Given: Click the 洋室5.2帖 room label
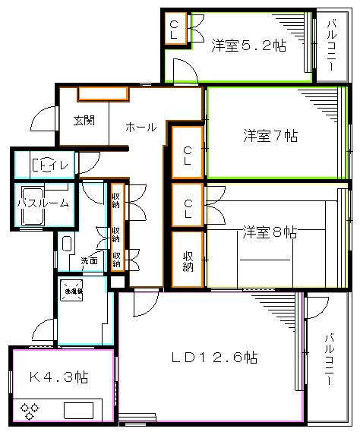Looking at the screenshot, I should point(248,45).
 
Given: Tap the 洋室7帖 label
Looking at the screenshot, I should point(270,137).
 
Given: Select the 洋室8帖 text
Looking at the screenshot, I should point(270,232).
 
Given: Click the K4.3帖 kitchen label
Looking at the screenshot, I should point(58,377).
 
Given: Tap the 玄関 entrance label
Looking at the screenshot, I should point(84,119).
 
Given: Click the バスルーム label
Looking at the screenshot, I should point(43,203).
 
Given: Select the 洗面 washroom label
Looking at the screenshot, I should point(90,260).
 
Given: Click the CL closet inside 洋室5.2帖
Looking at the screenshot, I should point(174,30).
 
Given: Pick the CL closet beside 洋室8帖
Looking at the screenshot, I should point(187,205).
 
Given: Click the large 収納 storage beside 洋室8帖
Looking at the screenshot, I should point(187,260).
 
